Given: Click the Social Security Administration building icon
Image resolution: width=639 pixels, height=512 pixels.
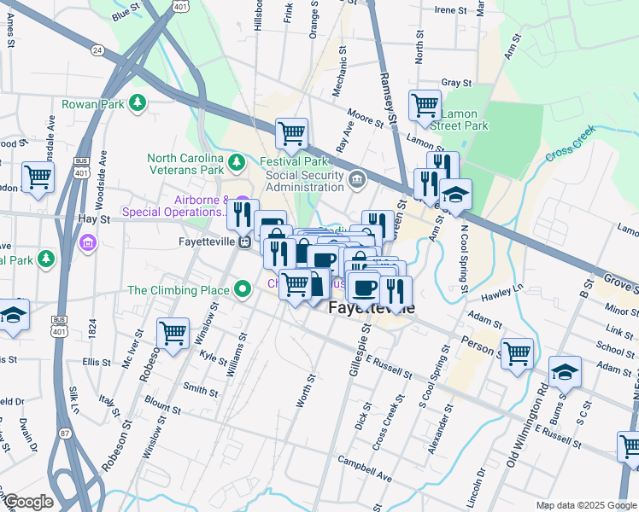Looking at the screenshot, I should coord(357,178).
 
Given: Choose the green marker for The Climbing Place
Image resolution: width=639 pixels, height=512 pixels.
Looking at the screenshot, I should coord(243,290).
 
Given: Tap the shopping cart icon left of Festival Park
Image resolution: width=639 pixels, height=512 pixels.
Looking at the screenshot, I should coord(291,133).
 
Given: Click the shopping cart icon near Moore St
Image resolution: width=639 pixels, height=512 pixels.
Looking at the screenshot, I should coord(425,105).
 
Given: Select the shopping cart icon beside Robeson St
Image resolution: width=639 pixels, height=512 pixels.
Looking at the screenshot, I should coord(173,334).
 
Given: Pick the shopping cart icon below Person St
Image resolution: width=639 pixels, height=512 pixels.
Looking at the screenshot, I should coord(517,353).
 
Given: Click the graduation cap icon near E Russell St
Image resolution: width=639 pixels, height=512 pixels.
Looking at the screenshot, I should coord(565,371).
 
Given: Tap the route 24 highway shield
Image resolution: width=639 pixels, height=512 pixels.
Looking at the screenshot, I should coord(98,50).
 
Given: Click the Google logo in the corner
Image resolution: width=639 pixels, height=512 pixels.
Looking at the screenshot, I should coord(28,502).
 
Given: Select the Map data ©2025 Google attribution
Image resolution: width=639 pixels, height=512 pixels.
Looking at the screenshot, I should coord(586,505).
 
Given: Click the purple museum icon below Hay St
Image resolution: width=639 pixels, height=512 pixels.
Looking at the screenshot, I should coord(86,245).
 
